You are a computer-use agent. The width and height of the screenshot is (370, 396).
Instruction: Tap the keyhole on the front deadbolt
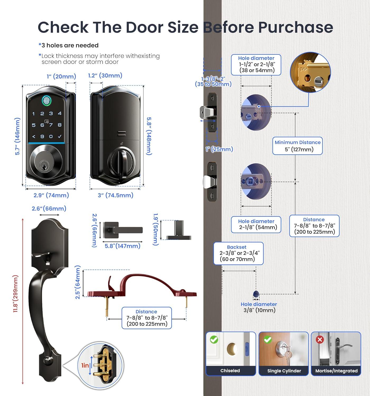[x=42, y=166]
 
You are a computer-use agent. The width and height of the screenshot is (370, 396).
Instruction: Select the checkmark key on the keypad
[x=60, y=136]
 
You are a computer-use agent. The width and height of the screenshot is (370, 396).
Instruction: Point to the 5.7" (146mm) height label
[x=17, y=136]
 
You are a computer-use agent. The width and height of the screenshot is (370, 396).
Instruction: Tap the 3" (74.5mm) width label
[x=115, y=195]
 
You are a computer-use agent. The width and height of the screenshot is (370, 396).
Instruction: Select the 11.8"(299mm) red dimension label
[x=16, y=294]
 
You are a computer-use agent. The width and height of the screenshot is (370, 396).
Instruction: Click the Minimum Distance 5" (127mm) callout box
[x=297, y=146]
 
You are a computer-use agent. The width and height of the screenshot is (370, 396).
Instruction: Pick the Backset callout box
[x=238, y=253]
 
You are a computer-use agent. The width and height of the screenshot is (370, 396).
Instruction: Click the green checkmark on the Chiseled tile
[x=214, y=340]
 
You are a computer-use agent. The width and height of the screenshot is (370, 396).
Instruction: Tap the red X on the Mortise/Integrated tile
[x=320, y=340]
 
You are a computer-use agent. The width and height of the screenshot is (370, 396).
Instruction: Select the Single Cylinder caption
[x=284, y=371]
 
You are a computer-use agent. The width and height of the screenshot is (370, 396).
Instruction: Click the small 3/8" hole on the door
[x=256, y=294]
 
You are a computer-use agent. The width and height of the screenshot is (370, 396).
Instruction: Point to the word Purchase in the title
[x=295, y=27]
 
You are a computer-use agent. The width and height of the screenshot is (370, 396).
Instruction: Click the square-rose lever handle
[x=123, y=230]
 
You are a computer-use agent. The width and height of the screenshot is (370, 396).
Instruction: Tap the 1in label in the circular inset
[x=85, y=365]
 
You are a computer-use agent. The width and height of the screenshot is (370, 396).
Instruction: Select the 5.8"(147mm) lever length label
[x=122, y=246]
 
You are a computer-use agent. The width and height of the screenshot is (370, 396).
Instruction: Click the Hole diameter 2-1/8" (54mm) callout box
[x=256, y=225]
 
